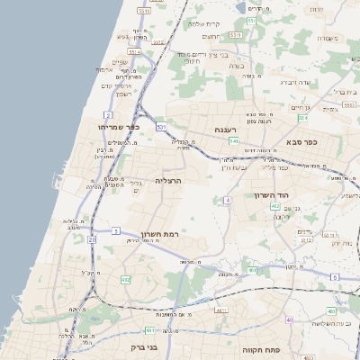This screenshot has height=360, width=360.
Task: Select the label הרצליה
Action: click(x=168, y=181)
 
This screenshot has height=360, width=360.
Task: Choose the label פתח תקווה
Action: click(x=263, y=346)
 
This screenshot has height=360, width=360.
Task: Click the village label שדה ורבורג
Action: click(x=296, y=82)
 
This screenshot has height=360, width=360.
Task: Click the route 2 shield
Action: click(x=107, y=115)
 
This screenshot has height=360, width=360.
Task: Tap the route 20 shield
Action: click(x=92, y=240)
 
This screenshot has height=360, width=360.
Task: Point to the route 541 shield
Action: click(x=234, y=141)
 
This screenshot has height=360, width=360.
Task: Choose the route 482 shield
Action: click(x=125, y=280)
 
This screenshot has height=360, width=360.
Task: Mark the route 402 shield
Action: click(x=274, y=207)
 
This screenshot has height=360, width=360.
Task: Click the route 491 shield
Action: click(x=253, y=270)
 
